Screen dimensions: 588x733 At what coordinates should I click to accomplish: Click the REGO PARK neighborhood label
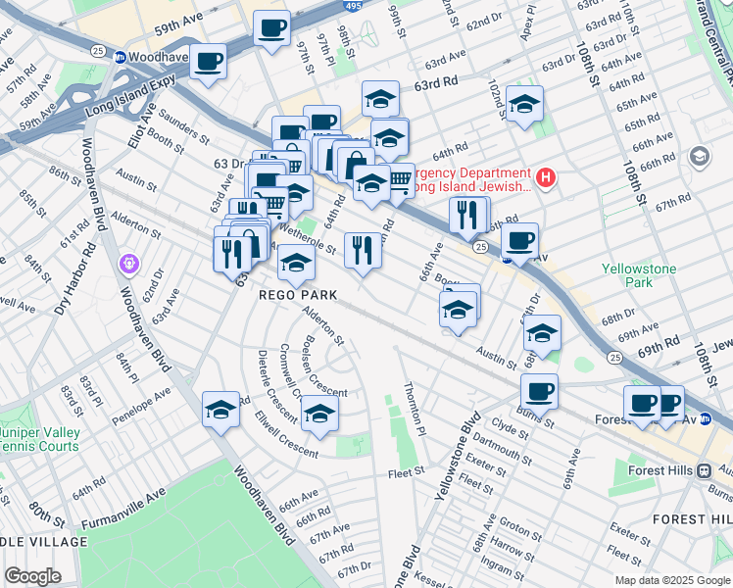(x=298, y=295)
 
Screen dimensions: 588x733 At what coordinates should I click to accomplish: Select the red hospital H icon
(x=547, y=177)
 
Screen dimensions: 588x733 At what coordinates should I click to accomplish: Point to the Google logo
(x=32, y=576)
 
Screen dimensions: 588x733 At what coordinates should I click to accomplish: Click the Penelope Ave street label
(x=142, y=401)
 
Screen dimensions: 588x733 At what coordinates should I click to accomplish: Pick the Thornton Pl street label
(x=415, y=409)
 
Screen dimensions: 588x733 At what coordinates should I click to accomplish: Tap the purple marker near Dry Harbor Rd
(x=128, y=263)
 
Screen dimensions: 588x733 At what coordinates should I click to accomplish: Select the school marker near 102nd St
(x=524, y=105)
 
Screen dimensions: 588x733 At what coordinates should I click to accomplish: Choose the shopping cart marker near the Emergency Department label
(x=400, y=177)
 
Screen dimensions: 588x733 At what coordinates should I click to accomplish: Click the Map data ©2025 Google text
(x=671, y=580)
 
